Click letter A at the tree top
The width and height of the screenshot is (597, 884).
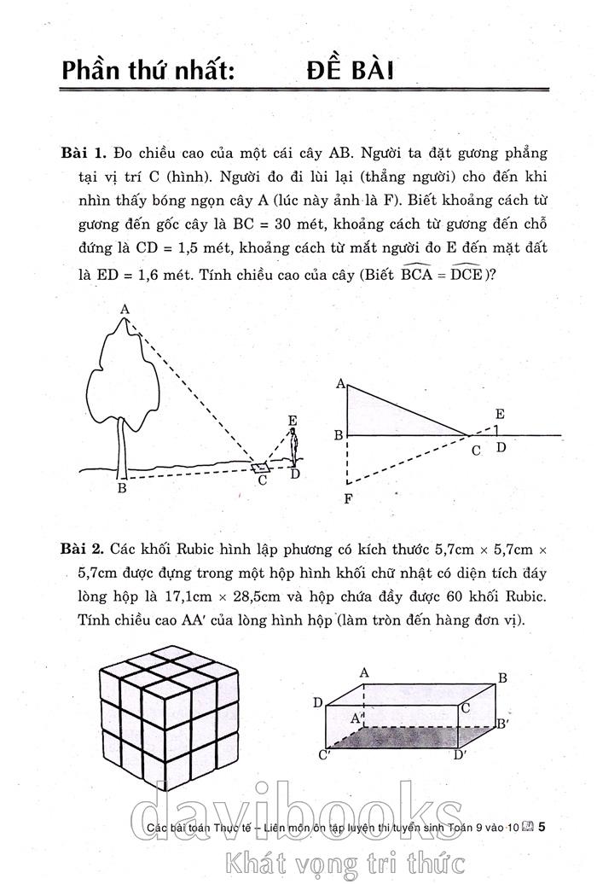click(125, 309)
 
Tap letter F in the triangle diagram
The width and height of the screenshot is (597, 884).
click(348, 499)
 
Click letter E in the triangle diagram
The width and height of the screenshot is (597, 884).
click(499, 415)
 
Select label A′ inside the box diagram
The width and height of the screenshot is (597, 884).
click(359, 718)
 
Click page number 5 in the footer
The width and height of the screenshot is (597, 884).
click(542, 826)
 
